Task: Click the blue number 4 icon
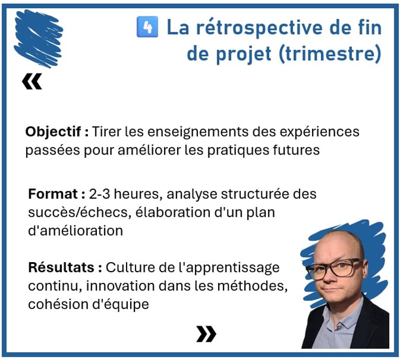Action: [x=147, y=27]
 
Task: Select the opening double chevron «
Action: [x=32, y=82]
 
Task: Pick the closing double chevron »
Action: [x=206, y=334]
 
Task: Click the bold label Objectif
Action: [x=53, y=132]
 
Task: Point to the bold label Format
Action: [x=53, y=194]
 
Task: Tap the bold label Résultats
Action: [x=61, y=267]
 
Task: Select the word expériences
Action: [x=319, y=132]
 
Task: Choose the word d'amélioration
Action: [x=76, y=231]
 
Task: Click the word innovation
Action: [x=121, y=286]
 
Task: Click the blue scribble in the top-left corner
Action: [x=39, y=38]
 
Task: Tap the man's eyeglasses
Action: [x=335, y=269]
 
